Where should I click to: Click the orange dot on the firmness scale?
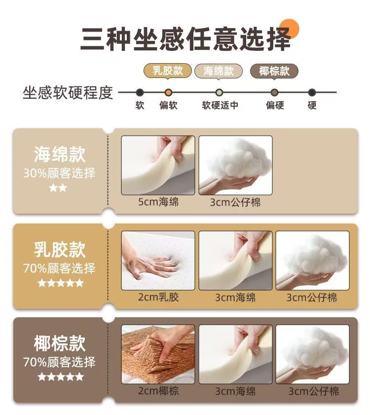168,93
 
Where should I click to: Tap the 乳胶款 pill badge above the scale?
168,71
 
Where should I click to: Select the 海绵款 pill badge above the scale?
219,71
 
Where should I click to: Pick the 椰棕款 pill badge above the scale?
274,71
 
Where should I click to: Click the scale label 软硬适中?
220,105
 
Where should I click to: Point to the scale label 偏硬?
275,105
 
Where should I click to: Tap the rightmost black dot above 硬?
312,93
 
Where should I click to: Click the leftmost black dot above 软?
140,93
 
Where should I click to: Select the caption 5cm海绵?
158,202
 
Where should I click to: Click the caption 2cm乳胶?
158,297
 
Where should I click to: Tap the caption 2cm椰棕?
158,391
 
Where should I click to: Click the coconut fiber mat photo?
158,354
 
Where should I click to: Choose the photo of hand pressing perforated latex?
158,261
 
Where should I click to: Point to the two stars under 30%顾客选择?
58,188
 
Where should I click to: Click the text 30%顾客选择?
59,173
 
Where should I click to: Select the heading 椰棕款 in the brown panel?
60,343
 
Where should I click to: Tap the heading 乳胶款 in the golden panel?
60,250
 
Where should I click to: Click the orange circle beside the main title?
290,29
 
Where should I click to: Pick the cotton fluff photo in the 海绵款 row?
235,165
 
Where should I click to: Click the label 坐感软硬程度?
68,93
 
